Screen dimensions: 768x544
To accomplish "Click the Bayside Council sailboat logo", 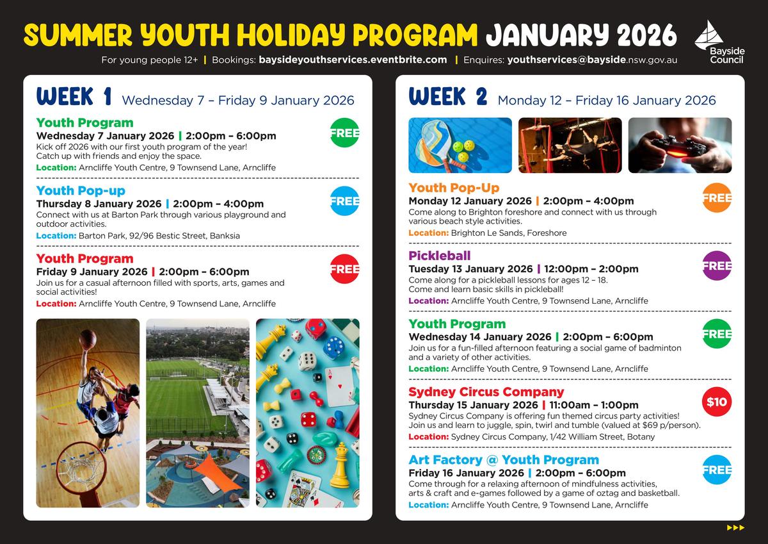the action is click(708, 35).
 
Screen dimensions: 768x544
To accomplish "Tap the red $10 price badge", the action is click(717, 402).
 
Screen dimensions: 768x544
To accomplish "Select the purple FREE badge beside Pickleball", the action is click(717, 266).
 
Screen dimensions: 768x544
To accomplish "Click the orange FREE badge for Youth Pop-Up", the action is click(717, 198).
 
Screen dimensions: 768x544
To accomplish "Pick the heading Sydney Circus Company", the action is click(486, 392).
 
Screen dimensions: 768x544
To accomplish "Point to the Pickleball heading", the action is click(440, 256).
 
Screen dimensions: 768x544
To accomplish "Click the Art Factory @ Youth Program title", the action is click(504, 459).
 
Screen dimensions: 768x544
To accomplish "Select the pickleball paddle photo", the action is click(460, 145).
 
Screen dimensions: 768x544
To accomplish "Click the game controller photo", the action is click(680, 145).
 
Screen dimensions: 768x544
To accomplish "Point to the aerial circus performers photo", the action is click(570, 145).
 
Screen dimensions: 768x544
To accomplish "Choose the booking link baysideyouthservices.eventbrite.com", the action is click(353, 60).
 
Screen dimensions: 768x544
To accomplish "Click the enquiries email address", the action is click(592, 60).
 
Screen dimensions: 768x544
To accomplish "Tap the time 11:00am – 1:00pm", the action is click(594, 405).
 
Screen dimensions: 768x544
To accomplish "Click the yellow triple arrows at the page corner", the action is click(736, 527).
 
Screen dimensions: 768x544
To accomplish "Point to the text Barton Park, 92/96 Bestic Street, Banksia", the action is click(159, 236).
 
